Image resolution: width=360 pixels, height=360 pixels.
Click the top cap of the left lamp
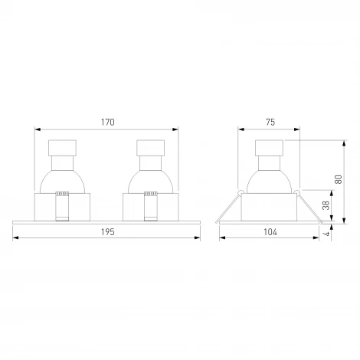[x=64, y=149]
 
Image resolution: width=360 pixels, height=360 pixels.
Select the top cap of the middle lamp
[x=150, y=149]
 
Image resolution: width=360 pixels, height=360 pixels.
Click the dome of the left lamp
[x=64, y=182]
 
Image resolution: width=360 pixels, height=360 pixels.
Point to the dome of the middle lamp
[x=150, y=182]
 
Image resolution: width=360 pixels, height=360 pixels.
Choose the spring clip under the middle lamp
[x=150, y=206]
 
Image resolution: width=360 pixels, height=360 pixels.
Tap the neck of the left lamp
[x=64, y=164]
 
